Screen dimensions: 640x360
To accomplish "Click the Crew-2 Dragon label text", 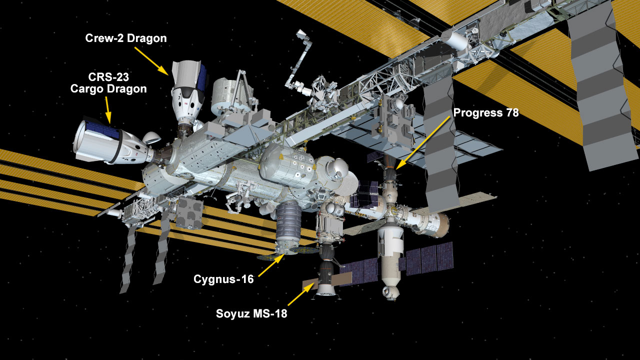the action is coord(126,38).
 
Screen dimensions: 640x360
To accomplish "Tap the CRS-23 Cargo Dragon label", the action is coord(108,83).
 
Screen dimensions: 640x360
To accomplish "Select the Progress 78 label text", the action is coord(485,112).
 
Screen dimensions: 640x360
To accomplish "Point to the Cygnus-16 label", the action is coord(223,279).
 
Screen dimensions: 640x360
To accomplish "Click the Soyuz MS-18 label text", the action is coord(251,313).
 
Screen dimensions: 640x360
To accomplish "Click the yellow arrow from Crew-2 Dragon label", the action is coord(151,61).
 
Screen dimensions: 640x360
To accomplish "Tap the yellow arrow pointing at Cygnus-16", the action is coord(271,265).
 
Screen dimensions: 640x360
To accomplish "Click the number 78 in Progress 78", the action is coord(512,112).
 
